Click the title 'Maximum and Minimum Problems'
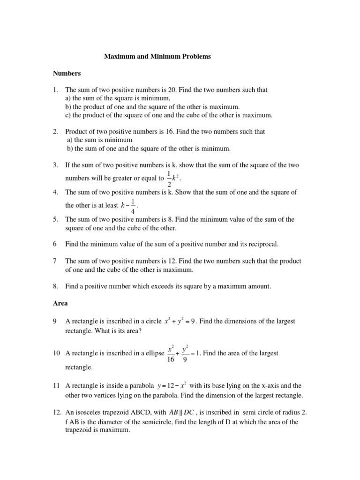(x=157, y=57)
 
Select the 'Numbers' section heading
(x=67, y=73)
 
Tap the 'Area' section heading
(x=60, y=303)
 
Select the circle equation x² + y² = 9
(x=185, y=322)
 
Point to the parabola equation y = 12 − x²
(x=172, y=386)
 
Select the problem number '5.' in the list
(x=55, y=219)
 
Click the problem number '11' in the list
(x=56, y=386)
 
